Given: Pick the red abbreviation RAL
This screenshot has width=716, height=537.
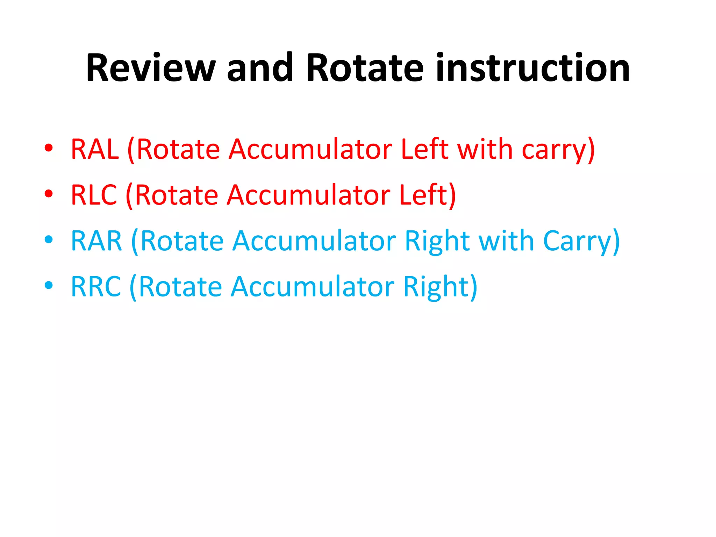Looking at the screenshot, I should (x=95, y=149).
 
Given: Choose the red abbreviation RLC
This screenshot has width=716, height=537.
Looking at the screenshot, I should (x=94, y=195).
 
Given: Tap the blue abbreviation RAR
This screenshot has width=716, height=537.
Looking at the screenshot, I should (x=96, y=241).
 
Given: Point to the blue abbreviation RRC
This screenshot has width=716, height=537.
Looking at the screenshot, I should (x=96, y=287).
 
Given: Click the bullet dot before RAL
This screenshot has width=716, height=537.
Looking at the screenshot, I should (x=49, y=148).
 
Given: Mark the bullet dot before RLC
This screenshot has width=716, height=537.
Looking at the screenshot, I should (x=49, y=193).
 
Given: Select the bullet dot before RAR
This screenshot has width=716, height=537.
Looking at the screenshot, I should (x=49, y=239).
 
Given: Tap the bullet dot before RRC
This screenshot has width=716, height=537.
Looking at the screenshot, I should (x=49, y=285).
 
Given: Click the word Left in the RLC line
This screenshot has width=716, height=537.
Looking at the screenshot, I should (x=423, y=195).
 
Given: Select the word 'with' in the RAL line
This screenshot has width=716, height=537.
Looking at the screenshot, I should (x=485, y=149).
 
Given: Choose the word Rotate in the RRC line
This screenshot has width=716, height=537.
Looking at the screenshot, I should (x=180, y=287).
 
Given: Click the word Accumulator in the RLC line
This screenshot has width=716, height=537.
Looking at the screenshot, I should (x=308, y=195).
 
